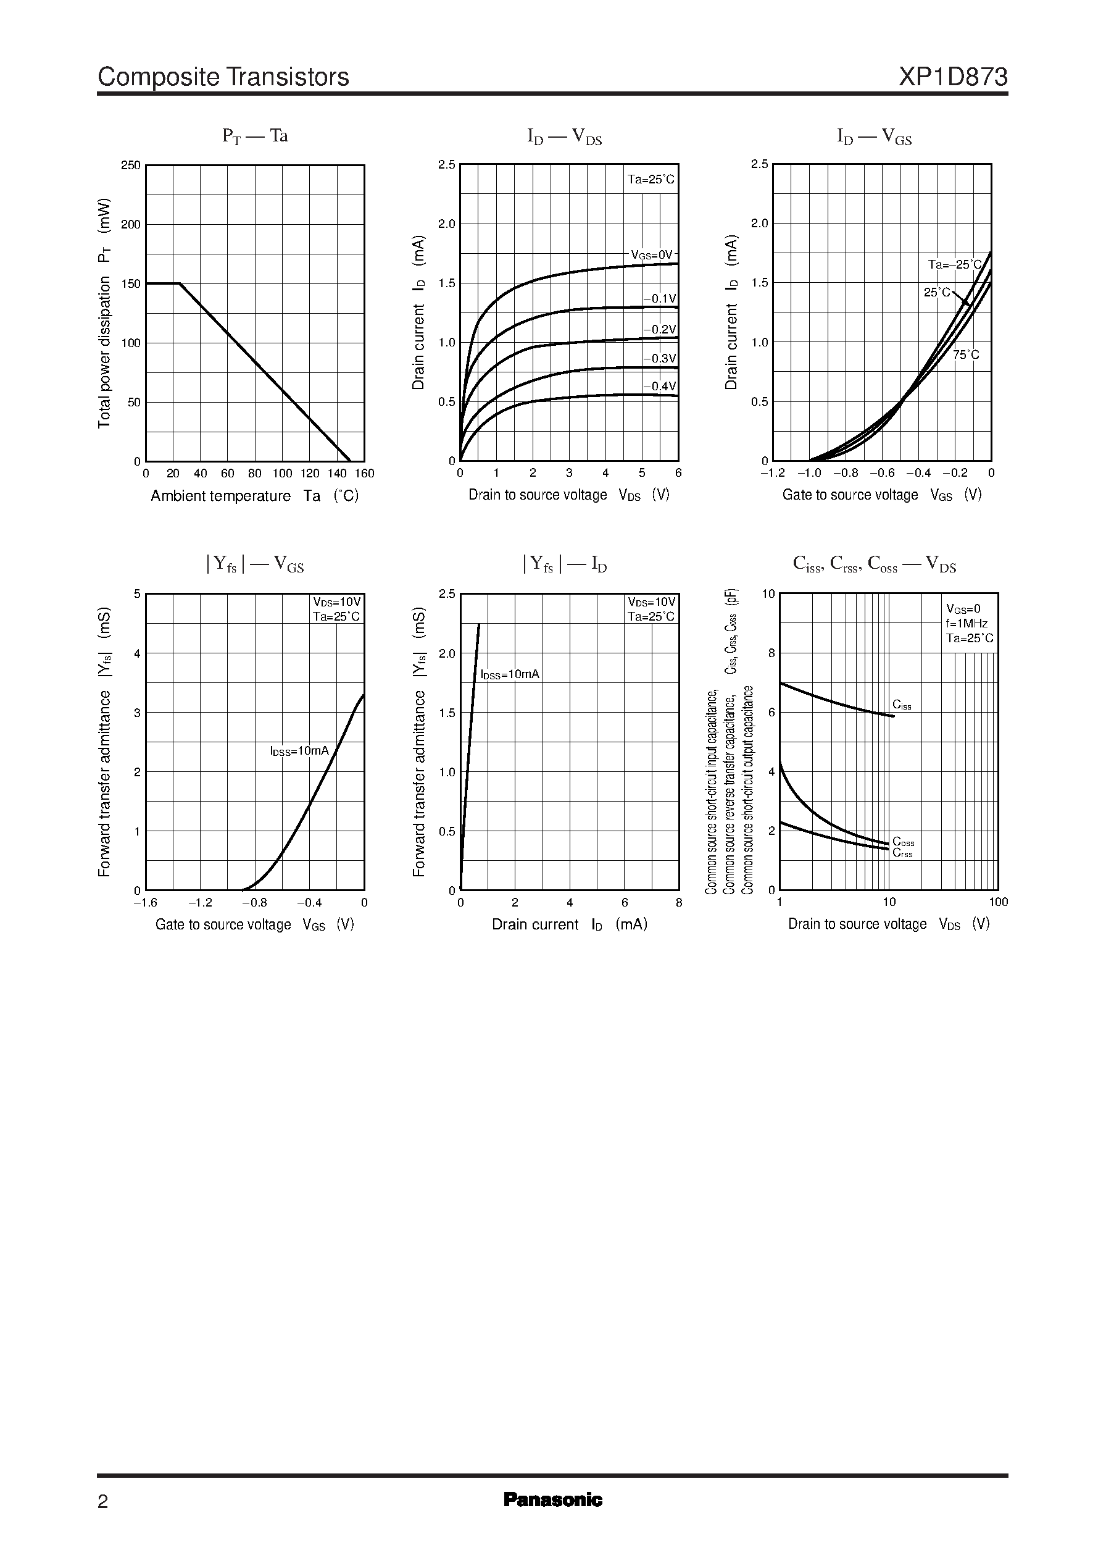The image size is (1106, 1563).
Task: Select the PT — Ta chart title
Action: [x=255, y=136]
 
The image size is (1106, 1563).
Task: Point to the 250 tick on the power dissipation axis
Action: [x=131, y=166]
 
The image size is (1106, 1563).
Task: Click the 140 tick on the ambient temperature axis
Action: [x=336, y=474]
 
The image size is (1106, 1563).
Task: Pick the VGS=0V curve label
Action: [x=651, y=255]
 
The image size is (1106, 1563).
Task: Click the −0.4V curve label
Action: [x=659, y=387]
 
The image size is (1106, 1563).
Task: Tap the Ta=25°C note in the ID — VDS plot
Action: [x=651, y=179]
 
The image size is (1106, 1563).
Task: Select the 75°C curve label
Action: [x=966, y=355]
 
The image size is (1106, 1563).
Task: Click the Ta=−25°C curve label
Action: [x=955, y=264]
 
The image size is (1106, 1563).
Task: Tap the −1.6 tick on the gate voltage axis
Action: [x=145, y=903]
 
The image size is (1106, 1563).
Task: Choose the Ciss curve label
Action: [x=902, y=705]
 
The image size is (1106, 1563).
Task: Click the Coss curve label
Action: [x=903, y=842]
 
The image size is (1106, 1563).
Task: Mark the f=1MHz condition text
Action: [x=967, y=624]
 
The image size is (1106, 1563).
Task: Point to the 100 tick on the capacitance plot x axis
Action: [x=998, y=902]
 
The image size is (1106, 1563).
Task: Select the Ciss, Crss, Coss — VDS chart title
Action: [x=875, y=565]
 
